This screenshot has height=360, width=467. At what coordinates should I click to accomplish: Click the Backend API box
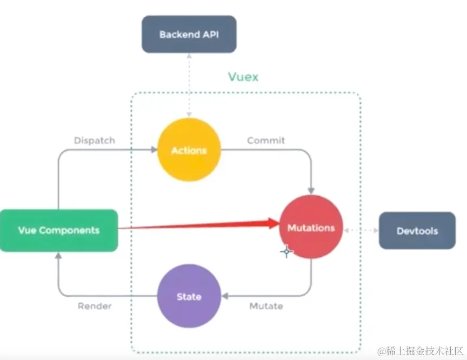(x=189, y=35)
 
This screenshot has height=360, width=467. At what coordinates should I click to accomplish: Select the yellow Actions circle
(x=189, y=150)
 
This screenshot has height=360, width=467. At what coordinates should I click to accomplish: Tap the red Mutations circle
(x=311, y=228)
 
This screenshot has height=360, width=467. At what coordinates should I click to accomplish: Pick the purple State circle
(x=189, y=296)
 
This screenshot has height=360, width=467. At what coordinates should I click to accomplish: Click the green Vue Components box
(x=59, y=230)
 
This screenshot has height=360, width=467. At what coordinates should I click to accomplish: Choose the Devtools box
(x=417, y=231)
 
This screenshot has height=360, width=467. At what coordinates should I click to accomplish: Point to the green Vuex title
(x=243, y=77)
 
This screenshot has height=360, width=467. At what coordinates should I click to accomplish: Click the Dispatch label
(x=95, y=140)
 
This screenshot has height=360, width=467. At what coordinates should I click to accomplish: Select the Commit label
(x=266, y=140)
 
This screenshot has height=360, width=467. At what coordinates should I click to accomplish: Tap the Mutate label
(x=266, y=306)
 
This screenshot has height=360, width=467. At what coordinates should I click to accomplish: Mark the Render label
(x=95, y=306)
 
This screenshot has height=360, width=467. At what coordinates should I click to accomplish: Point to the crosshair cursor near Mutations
(x=286, y=251)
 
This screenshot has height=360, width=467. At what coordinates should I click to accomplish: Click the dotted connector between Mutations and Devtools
(x=361, y=231)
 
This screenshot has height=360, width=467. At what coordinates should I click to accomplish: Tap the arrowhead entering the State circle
(x=224, y=296)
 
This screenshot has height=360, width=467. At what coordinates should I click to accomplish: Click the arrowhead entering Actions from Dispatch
(x=153, y=150)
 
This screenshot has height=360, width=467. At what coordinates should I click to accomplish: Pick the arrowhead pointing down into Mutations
(x=311, y=191)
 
